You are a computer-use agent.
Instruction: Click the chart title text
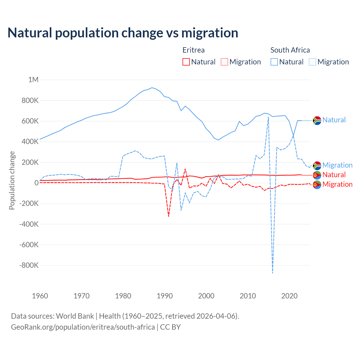pyautogui.click(x=123, y=33)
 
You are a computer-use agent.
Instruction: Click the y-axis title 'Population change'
pyautogui.click(x=12, y=180)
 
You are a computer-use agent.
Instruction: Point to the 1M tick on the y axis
pyautogui.click(x=33, y=80)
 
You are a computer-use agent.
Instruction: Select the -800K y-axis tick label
pyautogui.click(x=29, y=265)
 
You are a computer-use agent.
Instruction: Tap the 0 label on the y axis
pyautogui.click(x=36, y=183)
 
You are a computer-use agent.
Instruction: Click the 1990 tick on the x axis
pyautogui.click(x=165, y=296)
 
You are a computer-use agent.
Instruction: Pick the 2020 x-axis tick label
pyautogui.click(x=289, y=296)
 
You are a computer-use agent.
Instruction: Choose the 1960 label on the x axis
pyautogui.click(x=40, y=296)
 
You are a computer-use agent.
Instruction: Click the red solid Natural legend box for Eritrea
pyautogui.click(x=186, y=62)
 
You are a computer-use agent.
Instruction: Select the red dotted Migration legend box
pyautogui.click(x=224, y=62)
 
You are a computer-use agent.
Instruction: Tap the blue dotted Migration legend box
pyautogui.click(x=312, y=62)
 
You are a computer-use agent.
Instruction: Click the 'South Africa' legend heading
pyautogui.click(x=290, y=50)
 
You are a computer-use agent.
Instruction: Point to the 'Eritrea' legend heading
pyautogui.click(x=193, y=50)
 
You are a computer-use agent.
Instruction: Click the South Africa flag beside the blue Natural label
pyautogui.click(x=317, y=120)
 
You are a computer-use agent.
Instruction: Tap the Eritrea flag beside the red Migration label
pyautogui.click(x=317, y=185)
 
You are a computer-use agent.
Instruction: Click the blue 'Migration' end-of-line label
pyautogui.click(x=337, y=165)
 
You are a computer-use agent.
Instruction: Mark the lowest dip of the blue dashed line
pyautogui.click(x=273, y=273)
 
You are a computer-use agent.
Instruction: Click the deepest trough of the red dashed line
pyautogui.click(x=168, y=216)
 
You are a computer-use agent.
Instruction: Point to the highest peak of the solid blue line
pyautogui.click(x=152, y=87)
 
